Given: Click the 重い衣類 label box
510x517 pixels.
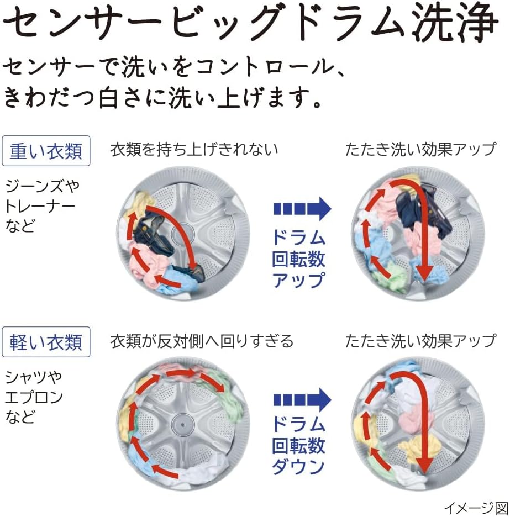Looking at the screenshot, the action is click(46, 151).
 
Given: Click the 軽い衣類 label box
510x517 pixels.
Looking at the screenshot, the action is click(46, 341).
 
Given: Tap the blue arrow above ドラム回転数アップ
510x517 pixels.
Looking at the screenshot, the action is click(302, 209).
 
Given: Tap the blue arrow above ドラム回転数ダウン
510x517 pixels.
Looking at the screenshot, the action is click(302, 399).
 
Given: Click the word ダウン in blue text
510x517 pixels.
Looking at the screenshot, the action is click(298, 467).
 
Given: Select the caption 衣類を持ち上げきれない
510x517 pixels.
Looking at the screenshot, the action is click(194, 149).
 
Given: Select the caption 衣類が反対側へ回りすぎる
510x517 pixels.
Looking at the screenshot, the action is click(202, 341).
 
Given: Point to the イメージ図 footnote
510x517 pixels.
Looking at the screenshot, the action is click(476, 508).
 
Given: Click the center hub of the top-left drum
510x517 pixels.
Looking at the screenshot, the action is click(183, 234).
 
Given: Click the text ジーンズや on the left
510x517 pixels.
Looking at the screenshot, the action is click(42, 186).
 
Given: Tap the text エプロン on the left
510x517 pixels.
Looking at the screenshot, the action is click(34, 397).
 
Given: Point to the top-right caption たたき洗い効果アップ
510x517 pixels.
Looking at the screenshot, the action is click(420, 149).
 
